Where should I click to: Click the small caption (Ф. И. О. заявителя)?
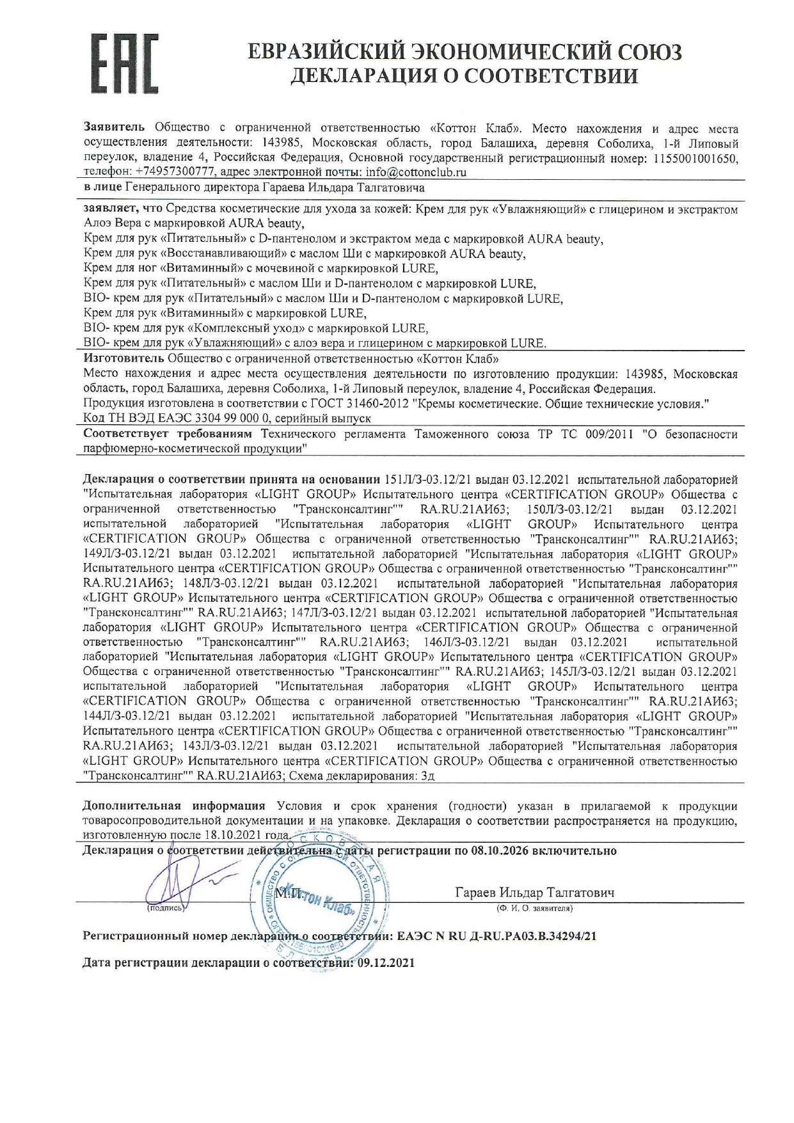(x=534, y=908)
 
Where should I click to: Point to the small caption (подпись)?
(x=165, y=908)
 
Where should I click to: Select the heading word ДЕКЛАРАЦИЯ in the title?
(x=363, y=77)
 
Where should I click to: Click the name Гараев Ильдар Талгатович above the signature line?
(x=535, y=893)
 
